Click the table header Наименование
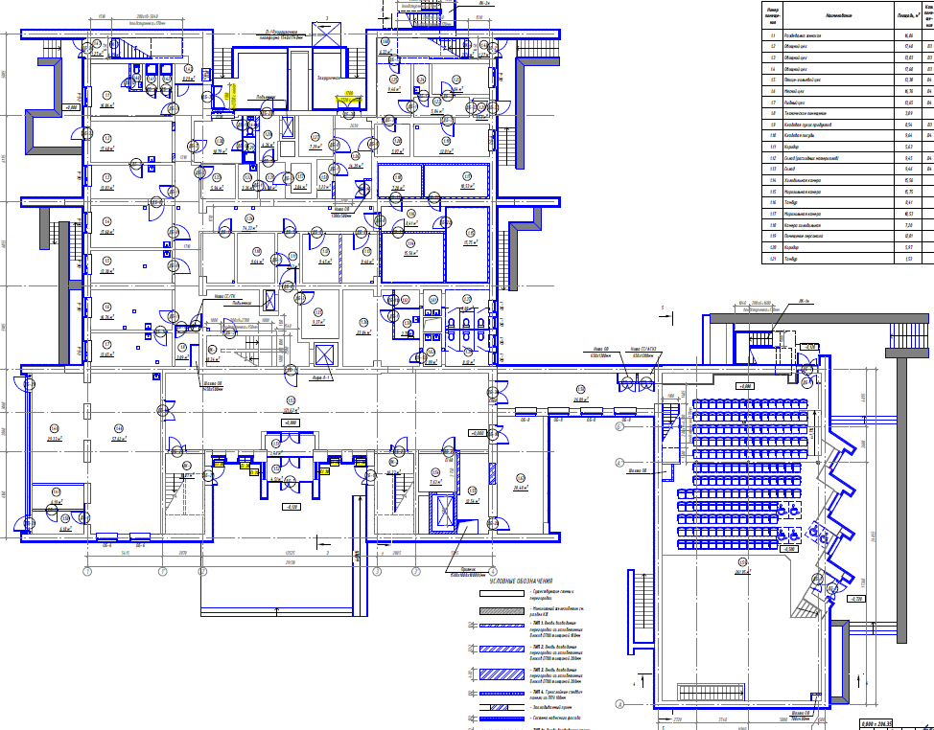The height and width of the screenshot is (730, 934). point(830,16)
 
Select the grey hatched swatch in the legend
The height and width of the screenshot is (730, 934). point(502,609)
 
